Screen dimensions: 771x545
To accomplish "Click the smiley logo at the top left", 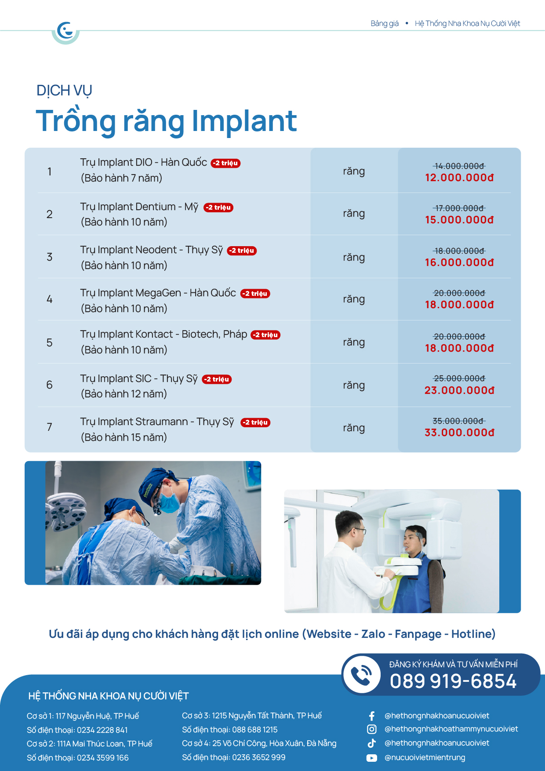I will click(x=65, y=31).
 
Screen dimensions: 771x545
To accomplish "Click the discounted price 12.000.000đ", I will click(x=459, y=178).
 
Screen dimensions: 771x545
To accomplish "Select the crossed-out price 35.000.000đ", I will click(x=459, y=421).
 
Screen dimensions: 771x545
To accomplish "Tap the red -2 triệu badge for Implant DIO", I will click(x=226, y=163).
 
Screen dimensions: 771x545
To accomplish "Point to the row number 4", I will click(x=50, y=299).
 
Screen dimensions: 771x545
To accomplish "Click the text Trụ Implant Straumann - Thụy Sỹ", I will click(x=157, y=422).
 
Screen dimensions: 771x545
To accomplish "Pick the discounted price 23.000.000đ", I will click(x=459, y=390).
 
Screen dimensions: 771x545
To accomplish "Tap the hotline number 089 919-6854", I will click(x=453, y=681).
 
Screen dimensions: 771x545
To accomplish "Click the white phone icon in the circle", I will click(x=362, y=675).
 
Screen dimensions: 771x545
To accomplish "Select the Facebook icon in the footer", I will click(x=372, y=716).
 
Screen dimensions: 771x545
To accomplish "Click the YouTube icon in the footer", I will click(x=372, y=758).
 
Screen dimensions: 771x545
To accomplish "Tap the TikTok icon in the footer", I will click(x=372, y=743).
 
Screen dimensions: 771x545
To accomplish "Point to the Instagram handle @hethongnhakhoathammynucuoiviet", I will click(x=451, y=729).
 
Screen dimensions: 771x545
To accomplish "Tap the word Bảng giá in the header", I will click(x=385, y=24).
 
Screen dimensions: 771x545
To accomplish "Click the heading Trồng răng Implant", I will click(x=166, y=121).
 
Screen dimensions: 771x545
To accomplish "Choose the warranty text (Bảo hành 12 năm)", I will click(x=124, y=394).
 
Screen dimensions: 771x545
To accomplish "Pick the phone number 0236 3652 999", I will click(x=258, y=757).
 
